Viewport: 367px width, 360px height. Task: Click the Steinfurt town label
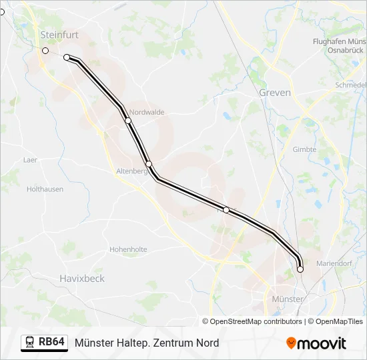pyautogui.click(x=59, y=34)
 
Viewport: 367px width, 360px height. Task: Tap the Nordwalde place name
pyautogui.click(x=147, y=112)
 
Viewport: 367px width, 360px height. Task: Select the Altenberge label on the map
pyautogui.click(x=131, y=171)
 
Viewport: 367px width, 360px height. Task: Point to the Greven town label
pyautogui.click(x=275, y=93)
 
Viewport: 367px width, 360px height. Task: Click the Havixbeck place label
pyautogui.click(x=82, y=278)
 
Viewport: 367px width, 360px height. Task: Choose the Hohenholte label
pyautogui.click(x=128, y=249)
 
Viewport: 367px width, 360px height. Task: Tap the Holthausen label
pyautogui.click(x=45, y=189)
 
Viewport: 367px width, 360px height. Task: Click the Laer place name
pyautogui.click(x=30, y=160)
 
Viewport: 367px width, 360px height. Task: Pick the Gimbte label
pyautogui.click(x=304, y=149)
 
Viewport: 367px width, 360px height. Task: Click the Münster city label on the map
pyautogui.click(x=288, y=299)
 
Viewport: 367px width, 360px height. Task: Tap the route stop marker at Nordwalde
pyautogui.click(x=127, y=121)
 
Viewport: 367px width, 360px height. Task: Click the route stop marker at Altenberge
pyautogui.click(x=149, y=164)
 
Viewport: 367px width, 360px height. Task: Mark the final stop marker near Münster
pyautogui.click(x=300, y=269)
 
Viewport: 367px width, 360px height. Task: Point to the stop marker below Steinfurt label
pyautogui.click(x=45, y=51)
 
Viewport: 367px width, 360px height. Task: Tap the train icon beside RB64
pyautogui.click(x=30, y=343)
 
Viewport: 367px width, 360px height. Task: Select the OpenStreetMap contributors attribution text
pyautogui.click(x=256, y=321)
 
